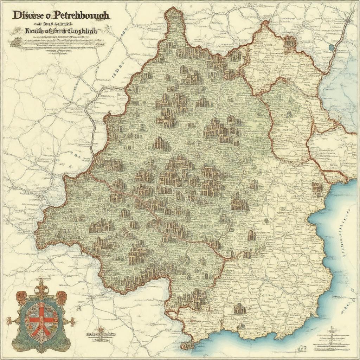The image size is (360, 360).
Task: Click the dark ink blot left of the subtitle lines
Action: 15,43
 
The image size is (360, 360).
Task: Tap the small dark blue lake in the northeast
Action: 330,46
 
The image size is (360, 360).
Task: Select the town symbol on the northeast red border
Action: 290,42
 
